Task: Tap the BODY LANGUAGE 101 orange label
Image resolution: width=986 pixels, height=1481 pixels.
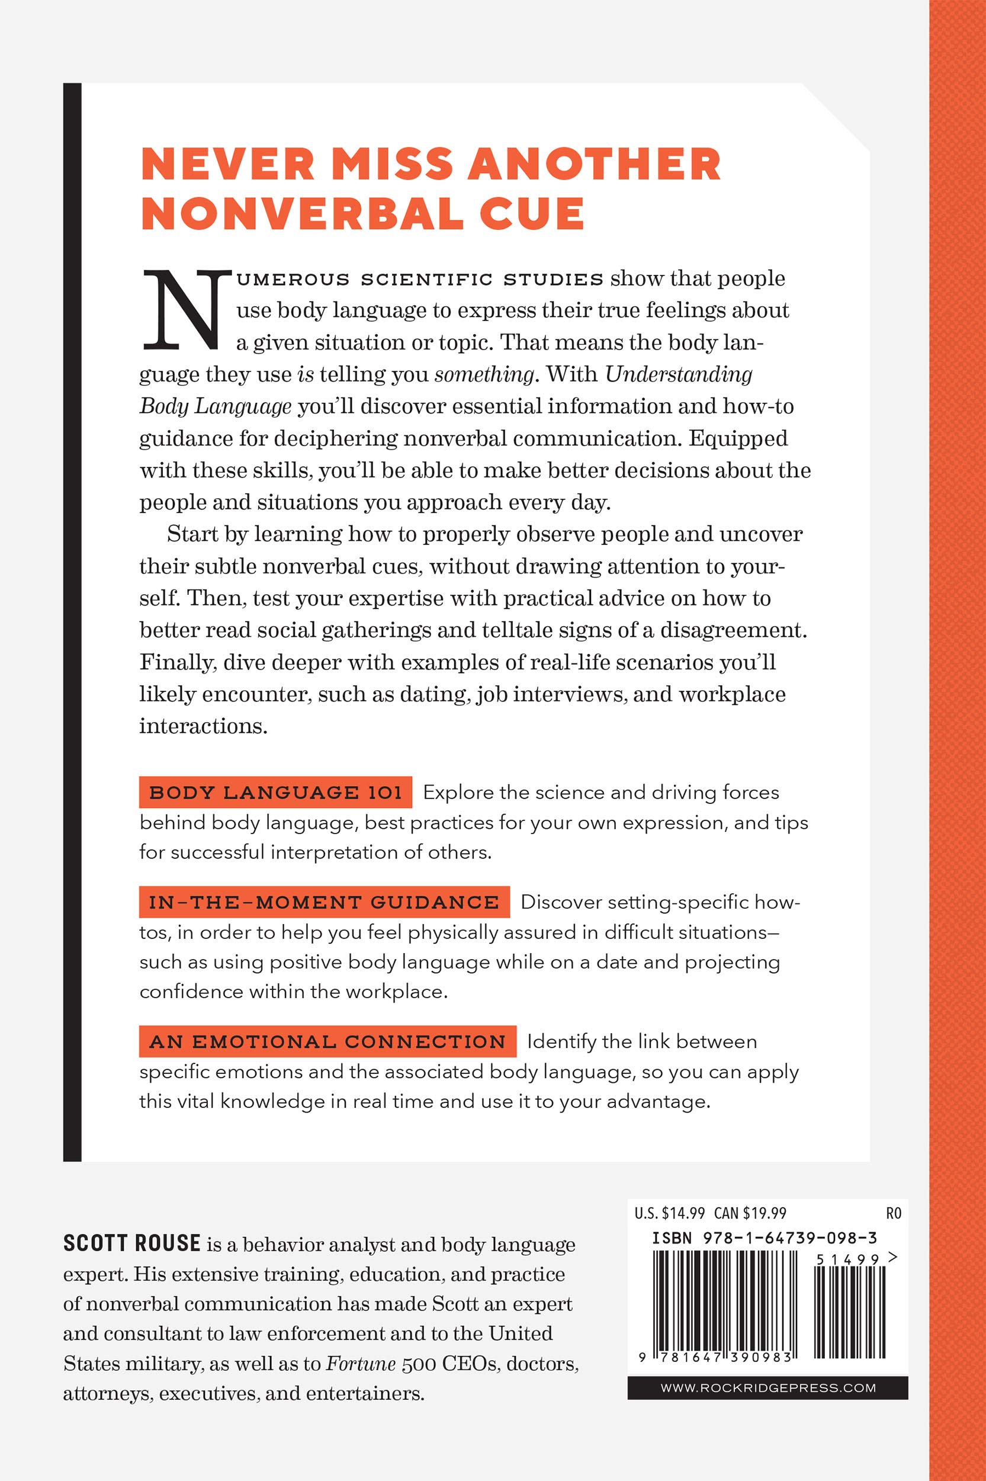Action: click(275, 793)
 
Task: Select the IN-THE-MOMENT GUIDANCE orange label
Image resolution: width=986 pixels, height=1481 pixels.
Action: click(324, 902)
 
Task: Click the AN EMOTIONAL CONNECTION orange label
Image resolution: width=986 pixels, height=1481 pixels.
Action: click(327, 1042)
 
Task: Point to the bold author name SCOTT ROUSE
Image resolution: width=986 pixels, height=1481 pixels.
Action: click(131, 1244)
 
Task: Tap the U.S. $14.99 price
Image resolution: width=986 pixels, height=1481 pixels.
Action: click(669, 1213)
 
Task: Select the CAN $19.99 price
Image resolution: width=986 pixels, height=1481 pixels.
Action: click(750, 1213)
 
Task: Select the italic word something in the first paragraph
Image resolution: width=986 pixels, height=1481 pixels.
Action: click(484, 374)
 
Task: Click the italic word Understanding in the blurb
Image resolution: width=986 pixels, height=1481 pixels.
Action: click(679, 374)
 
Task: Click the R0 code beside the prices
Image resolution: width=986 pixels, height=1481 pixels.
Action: click(893, 1213)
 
